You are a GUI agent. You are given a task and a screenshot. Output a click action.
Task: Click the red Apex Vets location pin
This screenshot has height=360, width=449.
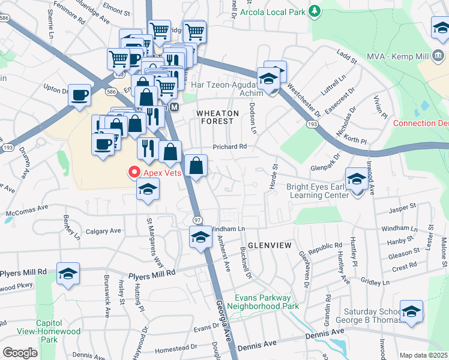coord(134,172)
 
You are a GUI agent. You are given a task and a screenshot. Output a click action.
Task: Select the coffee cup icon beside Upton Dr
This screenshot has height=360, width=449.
coord(79,95)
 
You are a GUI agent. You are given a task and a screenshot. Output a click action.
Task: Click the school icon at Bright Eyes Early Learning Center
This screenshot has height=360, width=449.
coord(357,179)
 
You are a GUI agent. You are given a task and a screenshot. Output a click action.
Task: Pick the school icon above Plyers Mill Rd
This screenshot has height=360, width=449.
coord(68,274)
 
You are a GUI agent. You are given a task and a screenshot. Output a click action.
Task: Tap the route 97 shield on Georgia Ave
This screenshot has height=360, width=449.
coord(196,220)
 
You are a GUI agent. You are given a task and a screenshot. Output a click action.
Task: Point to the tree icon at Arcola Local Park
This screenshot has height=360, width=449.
coord(313,11)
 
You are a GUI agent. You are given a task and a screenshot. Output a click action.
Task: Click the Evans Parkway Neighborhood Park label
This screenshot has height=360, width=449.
coord(263,302)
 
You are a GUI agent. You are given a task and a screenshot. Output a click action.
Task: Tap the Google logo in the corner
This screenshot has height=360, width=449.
coord(20,352)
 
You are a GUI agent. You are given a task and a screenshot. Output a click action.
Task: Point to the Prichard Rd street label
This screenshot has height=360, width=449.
coord(229,146)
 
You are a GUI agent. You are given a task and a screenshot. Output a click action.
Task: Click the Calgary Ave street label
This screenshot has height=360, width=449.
coord(103,231)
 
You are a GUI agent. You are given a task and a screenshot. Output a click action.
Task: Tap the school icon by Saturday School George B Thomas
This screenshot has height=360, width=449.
coord(411,311)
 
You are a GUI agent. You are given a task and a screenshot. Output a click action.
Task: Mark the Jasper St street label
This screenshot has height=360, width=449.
coord(402,206)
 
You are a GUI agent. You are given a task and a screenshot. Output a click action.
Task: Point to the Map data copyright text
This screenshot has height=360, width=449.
coord(424,355)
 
